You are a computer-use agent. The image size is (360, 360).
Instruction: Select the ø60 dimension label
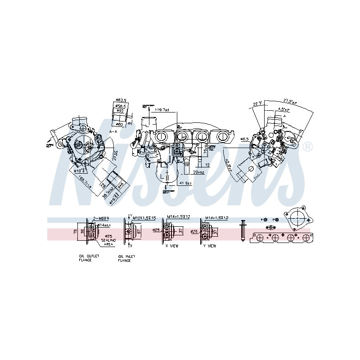pyautogui.click(x=119, y=124)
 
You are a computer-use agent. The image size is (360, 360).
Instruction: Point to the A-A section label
pyautogui.click(x=113, y=131)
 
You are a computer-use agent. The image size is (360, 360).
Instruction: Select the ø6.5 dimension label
pyautogui.click(x=244, y=139)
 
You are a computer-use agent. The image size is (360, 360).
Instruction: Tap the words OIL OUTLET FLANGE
pyautogui.click(x=89, y=258)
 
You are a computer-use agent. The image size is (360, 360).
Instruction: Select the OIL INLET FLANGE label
pyautogui.click(x=126, y=258)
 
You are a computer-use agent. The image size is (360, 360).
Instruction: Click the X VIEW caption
pyautogui.click(x=172, y=246)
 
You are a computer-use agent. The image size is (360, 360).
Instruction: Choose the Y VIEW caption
pyautogui.click(x=210, y=246)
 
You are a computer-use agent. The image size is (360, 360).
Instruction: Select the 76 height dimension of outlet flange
pyautogui.click(x=75, y=232)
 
